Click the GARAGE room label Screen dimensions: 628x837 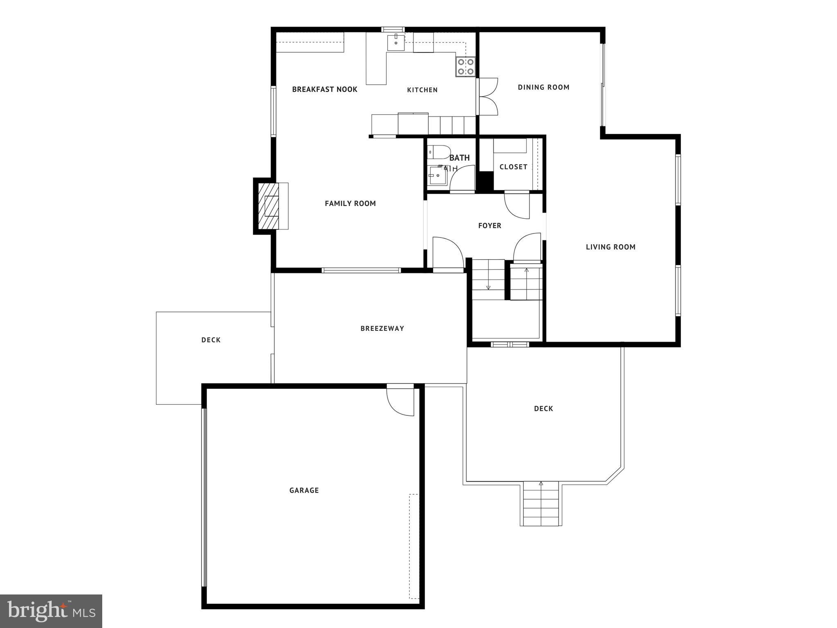[304, 490]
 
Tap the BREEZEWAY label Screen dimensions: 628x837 [382, 328]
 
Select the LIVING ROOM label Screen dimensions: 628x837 [610, 247]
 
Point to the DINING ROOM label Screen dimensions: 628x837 [543, 87]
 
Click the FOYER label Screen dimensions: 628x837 [489, 226]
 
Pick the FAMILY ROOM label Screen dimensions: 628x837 [350, 204]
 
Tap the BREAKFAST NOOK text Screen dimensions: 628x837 [325, 90]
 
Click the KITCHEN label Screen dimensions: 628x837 [422, 90]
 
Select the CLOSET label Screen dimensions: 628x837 [513, 167]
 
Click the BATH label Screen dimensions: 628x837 [459, 158]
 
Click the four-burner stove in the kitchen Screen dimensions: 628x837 [466, 67]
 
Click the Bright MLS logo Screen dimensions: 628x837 [51, 611]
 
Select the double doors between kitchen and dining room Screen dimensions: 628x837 [488, 97]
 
